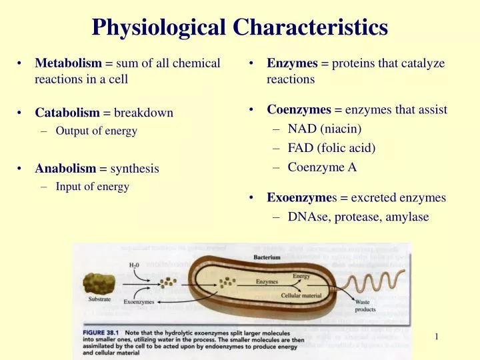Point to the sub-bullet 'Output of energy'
coord(96,131)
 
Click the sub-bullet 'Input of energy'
coord(92,187)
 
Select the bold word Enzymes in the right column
coord(292,63)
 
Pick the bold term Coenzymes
coord(299,109)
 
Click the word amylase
coord(405,217)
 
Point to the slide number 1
coord(436,337)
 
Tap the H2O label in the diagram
coord(135,265)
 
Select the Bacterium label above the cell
coord(267,257)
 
